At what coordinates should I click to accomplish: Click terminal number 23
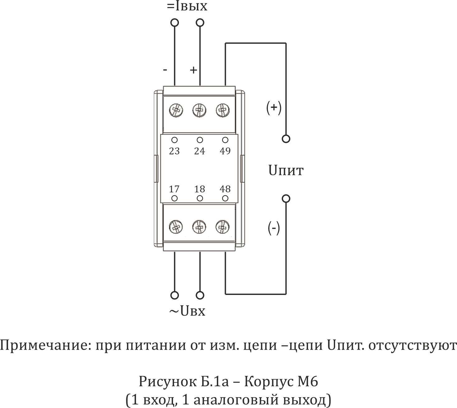(174, 151)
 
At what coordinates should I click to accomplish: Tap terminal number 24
(199, 151)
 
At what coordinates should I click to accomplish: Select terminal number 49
(225, 151)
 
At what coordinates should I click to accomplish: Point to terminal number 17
(174, 189)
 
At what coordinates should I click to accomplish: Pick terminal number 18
(199, 189)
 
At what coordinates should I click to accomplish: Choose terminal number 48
(225, 189)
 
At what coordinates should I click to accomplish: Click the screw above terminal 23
(176, 110)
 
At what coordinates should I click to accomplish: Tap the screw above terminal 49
(223, 110)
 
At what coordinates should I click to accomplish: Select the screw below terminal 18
(199, 227)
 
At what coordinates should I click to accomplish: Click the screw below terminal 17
(175, 227)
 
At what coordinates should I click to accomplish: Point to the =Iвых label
(187, 6)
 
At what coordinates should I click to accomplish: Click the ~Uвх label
(187, 311)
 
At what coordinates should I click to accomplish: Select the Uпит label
(286, 171)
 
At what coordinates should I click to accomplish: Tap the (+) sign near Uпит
(274, 108)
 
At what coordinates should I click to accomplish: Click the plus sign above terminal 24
(194, 70)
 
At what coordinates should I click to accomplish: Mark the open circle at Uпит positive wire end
(286, 139)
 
